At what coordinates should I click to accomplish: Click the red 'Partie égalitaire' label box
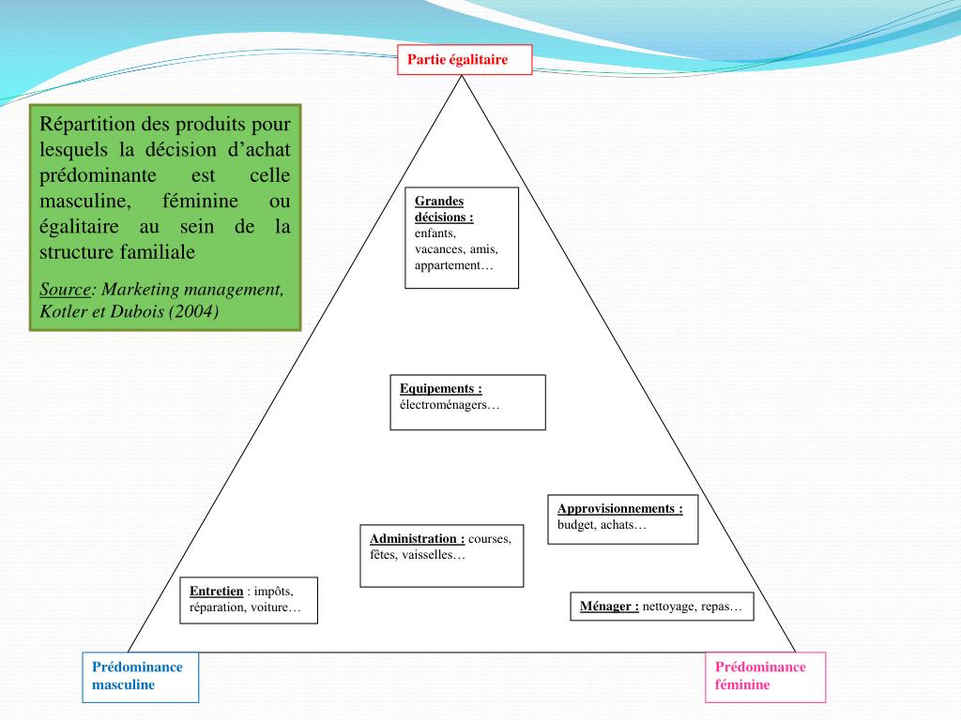464,60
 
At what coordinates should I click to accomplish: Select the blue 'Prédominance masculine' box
140,676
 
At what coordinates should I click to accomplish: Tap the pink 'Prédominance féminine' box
765,676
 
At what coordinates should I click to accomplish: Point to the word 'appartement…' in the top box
453,265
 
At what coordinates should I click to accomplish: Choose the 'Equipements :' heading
440,388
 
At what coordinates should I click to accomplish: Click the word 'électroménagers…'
450,405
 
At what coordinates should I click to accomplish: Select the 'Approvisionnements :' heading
619,508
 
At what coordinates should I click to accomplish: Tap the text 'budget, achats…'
602,525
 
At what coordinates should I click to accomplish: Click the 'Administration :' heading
417,538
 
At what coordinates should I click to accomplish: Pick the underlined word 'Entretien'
216,591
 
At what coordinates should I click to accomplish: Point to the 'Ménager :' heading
609,606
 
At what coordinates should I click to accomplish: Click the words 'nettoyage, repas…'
692,606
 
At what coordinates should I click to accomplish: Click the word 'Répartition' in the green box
88,124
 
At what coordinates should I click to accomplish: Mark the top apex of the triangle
462,77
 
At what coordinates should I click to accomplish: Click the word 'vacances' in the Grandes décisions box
435,249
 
